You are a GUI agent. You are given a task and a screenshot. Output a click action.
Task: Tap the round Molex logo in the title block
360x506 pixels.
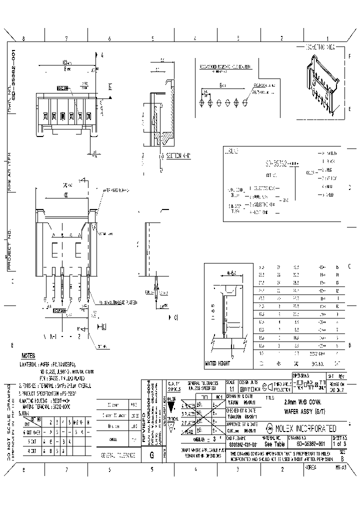[269, 428]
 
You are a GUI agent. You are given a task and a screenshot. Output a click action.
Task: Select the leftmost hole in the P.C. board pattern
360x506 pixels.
[201, 101]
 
